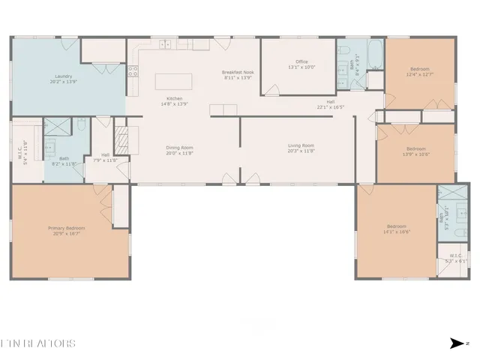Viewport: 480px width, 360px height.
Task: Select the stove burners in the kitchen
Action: click(133, 72)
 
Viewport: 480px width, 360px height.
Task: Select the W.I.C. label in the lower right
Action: click(457, 259)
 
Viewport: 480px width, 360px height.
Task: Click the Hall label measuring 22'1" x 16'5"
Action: click(330, 104)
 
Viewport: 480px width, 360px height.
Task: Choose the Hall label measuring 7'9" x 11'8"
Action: click(105, 157)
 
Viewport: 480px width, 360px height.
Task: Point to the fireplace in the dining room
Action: click(121, 139)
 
